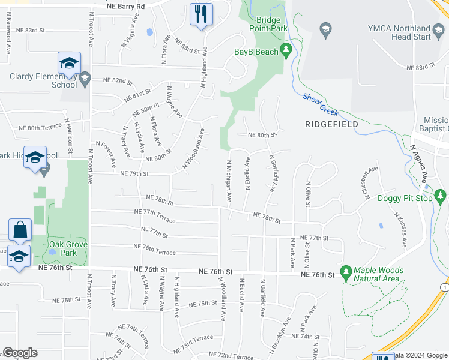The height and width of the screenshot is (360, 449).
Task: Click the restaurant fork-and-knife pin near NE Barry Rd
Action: point(201,13)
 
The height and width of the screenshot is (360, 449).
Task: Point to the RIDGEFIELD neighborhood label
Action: point(331,124)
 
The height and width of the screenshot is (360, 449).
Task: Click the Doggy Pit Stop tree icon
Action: point(441,197)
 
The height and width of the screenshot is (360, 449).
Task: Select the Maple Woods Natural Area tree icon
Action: point(346,272)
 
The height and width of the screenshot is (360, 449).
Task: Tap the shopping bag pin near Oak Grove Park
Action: point(20,229)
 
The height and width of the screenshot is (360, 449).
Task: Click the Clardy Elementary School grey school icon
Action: point(85,77)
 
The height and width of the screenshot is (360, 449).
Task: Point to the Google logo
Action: point(20,353)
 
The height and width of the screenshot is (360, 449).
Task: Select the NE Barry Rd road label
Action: point(125,6)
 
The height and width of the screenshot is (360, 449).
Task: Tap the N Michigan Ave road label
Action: point(229,179)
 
